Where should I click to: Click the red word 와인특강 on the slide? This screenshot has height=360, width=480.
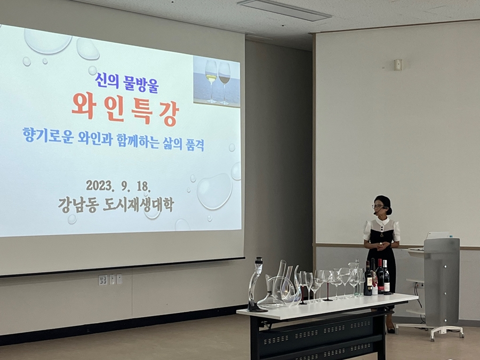point(125,110)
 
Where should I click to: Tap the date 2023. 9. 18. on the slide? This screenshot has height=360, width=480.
point(118,186)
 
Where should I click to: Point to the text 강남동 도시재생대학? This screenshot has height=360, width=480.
point(116,205)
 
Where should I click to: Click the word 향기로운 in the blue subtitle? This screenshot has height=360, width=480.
point(48,135)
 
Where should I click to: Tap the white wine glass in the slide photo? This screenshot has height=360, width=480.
point(211,82)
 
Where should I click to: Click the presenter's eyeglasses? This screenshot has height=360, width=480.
point(378,206)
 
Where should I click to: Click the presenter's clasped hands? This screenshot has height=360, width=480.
point(381,245)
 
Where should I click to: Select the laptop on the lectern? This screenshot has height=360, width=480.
point(438,235)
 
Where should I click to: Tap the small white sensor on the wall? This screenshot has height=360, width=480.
point(398,65)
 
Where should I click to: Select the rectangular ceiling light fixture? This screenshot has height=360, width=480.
point(284,10)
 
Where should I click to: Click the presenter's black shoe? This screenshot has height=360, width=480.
point(391,330)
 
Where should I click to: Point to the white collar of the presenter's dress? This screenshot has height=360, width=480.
point(382,222)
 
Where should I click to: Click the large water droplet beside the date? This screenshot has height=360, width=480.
point(214,191)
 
